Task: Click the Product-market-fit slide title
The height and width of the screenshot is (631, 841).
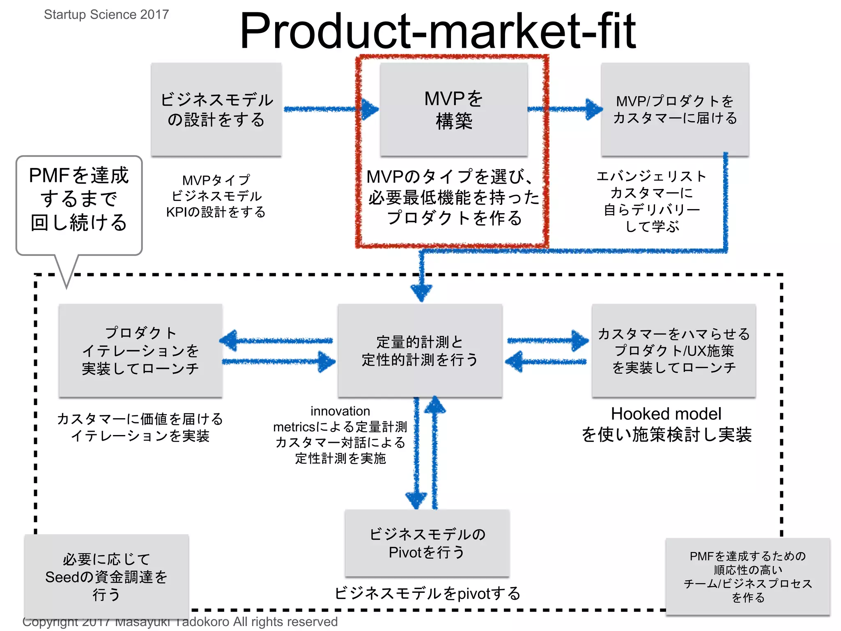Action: pyautogui.click(x=437, y=31)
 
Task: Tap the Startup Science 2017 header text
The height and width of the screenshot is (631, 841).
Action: pyautogui.click(x=106, y=14)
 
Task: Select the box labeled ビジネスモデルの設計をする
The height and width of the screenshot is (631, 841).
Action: pyautogui.click(x=216, y=109)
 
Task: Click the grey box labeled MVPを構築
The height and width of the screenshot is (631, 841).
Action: pyautogui.click(x=454, y=109)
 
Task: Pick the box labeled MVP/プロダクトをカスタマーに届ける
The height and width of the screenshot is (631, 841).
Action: pyautogui.click(x=675, y=109)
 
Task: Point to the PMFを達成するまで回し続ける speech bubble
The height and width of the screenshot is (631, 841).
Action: pyautogui.click(x=79, y=199)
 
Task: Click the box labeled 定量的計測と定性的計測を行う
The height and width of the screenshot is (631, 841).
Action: pyautogui.click(x=420, y=351)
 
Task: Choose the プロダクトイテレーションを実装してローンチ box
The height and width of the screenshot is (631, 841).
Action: pyautogui.click(x=140, y=351)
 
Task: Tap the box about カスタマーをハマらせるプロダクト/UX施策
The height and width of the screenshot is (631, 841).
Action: pyautogui.click(x=674, y=351)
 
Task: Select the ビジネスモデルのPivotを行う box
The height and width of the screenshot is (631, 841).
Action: pyautogui.click(x=427, y=543)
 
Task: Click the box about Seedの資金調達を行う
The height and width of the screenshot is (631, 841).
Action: pyautogui.click(x=106, y=576)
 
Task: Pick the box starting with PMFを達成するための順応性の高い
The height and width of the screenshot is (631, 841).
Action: pyautogui.click(x=748, y=576)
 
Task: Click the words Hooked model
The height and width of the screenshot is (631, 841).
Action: pyautogui.click(x=666, y=414)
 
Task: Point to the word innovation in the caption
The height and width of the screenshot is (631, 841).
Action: pyautogui.click(x=340, y=411)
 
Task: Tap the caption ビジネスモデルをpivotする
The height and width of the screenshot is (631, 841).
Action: pyautogui.click(x=427, y=593)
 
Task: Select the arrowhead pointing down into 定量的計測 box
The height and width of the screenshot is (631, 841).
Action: pyautogui.click(x=421, y=292)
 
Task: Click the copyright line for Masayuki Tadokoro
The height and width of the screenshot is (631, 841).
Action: pyautogui.click(x=180, y=622)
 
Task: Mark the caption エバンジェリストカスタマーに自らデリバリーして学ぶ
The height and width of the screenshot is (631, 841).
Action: pyautogui.click(x=652, y=201)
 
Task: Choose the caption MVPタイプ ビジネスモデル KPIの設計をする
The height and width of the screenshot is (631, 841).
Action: pyautogui.click(x=216, y=196)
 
